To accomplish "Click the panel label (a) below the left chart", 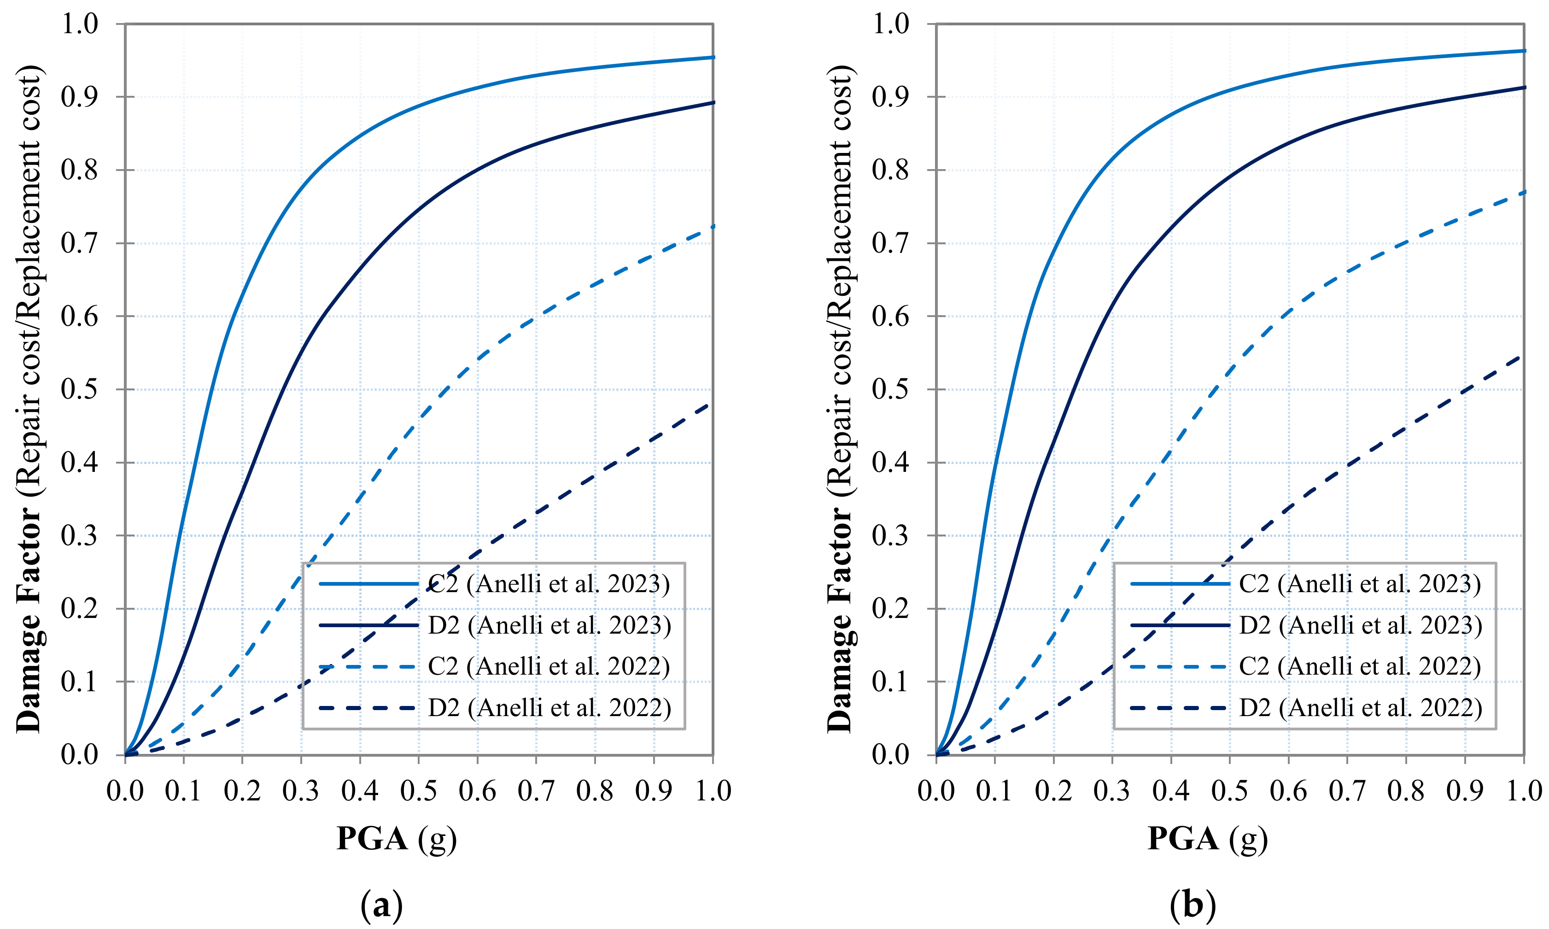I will [x=382, y=904].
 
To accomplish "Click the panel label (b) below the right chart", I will [x=1192, y=904].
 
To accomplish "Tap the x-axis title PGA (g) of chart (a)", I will [x=396, y=838].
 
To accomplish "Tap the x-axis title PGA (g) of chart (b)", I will [x=1207, y=838].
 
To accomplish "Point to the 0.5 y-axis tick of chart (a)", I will [x=79, y=389].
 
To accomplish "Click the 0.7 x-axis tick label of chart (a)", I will [x=536, y=791].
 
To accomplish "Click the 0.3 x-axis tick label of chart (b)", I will [x=1112, y=791].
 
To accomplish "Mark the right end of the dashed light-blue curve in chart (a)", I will [x=713, y=226].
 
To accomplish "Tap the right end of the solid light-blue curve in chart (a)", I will [x=713, y=58].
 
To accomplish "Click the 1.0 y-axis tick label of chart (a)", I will [x=79, y=24].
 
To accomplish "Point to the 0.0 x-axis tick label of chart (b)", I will [x=936, y=791].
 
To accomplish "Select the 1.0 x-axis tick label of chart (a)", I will [x=713, y=791].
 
